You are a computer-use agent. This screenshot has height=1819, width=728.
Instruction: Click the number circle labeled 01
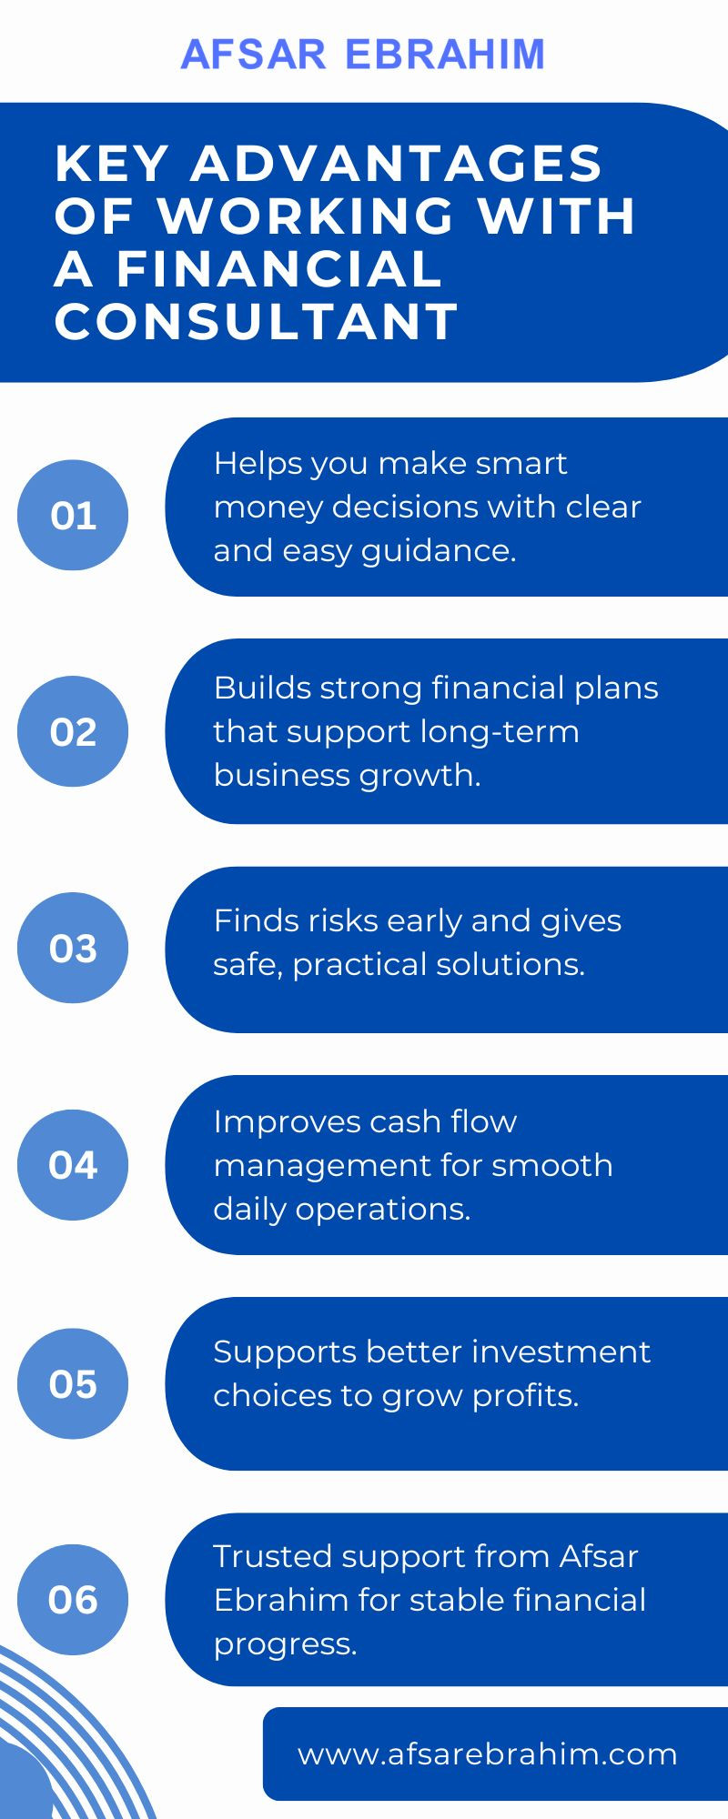click(73, 516)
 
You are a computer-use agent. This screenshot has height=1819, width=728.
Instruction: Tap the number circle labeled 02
click(73, 731)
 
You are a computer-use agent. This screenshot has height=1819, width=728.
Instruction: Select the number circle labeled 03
click(73, 948)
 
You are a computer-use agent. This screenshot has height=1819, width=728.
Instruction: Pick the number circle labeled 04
click(73, 1164)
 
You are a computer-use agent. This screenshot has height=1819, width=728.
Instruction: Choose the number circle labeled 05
click(73, 1383)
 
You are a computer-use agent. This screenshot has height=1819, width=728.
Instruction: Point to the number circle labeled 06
click(73, 1599)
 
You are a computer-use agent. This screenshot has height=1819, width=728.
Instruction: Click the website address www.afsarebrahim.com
click(487, 1754)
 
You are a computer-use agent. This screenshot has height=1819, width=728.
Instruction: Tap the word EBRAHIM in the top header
click(446, 55)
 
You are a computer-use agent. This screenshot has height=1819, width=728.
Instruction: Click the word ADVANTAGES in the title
click(396, 164)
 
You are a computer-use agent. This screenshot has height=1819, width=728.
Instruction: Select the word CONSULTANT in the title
click(257, 321)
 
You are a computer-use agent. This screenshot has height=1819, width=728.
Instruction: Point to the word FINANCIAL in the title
click(278, 268)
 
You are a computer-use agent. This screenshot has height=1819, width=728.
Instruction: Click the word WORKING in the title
click(307, 216)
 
